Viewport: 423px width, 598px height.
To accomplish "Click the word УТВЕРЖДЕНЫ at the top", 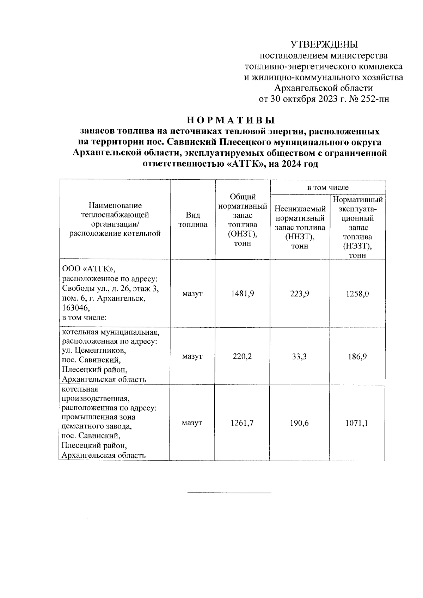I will pyautogui.click(x=324, y=44).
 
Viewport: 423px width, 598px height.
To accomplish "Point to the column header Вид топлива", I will pyautogui.click(x=193, y=220).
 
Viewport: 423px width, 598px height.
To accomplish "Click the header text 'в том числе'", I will pyautogui.click(x=328, y=187).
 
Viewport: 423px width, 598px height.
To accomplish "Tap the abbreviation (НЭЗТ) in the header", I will pyautogui.click(x=357, y=246).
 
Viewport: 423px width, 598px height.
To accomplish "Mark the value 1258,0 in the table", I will pyautogui.click(x=357, y=294).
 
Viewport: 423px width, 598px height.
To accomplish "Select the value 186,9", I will pyautogui.click(x=357, y=356).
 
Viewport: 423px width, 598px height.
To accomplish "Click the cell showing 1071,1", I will pyautogui.click(x=357, y=423).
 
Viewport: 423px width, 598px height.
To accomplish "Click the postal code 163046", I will pyautogui.click(x=76, y=308).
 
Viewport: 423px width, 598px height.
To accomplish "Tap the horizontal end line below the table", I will pyautogui.click(x=229, y=492).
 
